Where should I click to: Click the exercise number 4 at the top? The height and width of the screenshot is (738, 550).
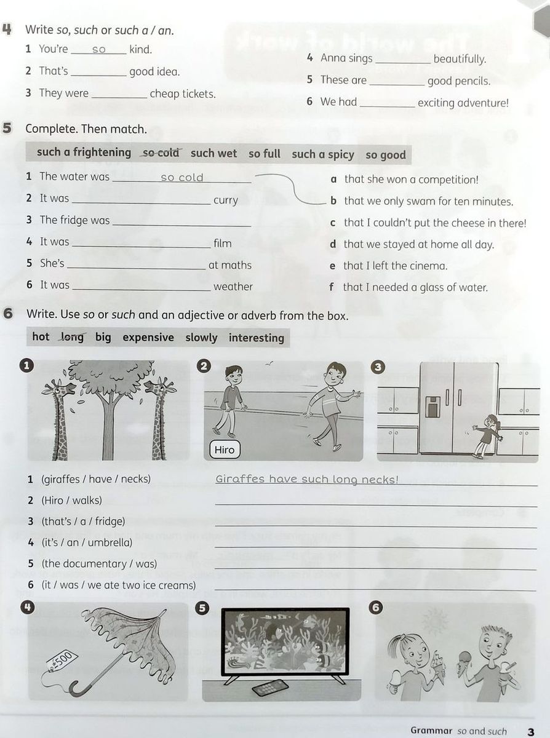point(7,28)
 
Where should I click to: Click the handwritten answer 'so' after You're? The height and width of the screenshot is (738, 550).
point(99,50)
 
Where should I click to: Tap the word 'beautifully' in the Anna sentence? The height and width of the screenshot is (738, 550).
point(460,59)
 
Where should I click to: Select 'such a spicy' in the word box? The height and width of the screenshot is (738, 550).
point(323,154)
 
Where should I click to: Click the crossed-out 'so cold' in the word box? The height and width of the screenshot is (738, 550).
point(161,153)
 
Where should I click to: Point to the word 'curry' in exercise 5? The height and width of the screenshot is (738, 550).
point(226,200)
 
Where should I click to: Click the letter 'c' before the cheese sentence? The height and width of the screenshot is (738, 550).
point(333,223)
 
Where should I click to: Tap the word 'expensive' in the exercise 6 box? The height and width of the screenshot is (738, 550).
point(148,337)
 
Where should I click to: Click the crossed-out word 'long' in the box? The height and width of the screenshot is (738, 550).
point(72,337)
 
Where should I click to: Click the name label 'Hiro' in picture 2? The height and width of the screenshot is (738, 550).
point(225,450)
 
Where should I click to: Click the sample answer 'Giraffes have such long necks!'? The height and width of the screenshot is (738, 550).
point(307,479)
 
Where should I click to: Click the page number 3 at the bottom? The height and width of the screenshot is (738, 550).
point(531,731)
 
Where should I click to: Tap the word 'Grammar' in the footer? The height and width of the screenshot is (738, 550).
point(431,731)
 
